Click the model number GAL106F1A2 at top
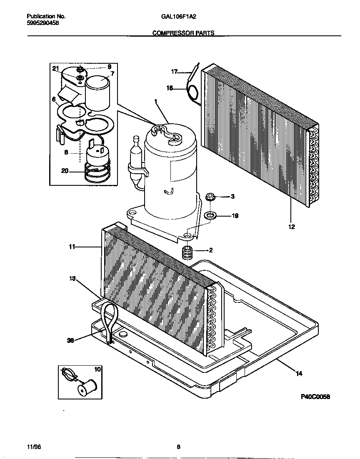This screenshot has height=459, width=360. pyautogui.click(x=178, y=17)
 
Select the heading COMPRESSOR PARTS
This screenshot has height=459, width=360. pyautogui.click(x=183, y=32)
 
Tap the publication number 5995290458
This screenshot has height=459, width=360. pyautogui.click(x=42, y=23)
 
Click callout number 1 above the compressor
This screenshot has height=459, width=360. pyautogui.click(x=156, y=101)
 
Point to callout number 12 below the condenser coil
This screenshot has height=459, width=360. pyautogui.click(x=291, y=227)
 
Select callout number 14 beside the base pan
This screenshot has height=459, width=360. pyautogui.click(x=299, y=374)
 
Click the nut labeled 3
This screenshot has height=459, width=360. pyautogui.click(x=210, y=196)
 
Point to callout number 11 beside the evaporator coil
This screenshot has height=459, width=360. pyautogui.click(x=72, y=247)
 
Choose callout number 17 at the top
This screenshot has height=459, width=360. pyautogui.click(x=174, y=72)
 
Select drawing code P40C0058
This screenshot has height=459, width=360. pyautogui.click(x=315, y=397)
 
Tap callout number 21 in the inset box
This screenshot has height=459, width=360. pyautogui.click(x=55, y=68)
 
